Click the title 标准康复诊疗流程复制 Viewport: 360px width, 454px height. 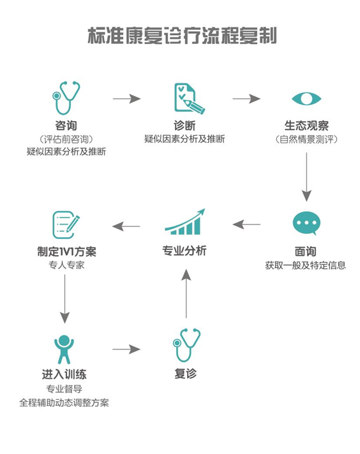click(182, 36)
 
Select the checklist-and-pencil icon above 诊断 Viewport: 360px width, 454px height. click(189, 98)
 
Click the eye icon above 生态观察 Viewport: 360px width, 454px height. click(306, 99)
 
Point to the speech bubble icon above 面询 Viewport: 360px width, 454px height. click(306, 223)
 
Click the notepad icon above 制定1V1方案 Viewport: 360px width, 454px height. click(66, 224)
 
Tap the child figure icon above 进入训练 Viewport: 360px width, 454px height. click(64, 349)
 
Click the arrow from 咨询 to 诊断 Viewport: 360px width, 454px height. click(126, 99)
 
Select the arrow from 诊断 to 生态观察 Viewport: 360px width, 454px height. click(246, 99)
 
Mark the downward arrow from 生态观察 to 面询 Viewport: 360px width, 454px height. click(306, 177)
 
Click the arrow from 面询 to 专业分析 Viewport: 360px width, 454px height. click(246, 224)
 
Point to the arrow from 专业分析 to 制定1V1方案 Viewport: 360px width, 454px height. click(126, 226)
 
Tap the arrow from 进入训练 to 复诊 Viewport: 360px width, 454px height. click(126, 349)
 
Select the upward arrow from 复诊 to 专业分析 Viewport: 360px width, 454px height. click(186, 293)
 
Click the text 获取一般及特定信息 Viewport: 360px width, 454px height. click(306, 265)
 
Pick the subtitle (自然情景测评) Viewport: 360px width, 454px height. click(306, 139)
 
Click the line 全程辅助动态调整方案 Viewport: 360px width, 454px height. click(64, 403)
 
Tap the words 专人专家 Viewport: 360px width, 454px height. click(66, 265)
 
